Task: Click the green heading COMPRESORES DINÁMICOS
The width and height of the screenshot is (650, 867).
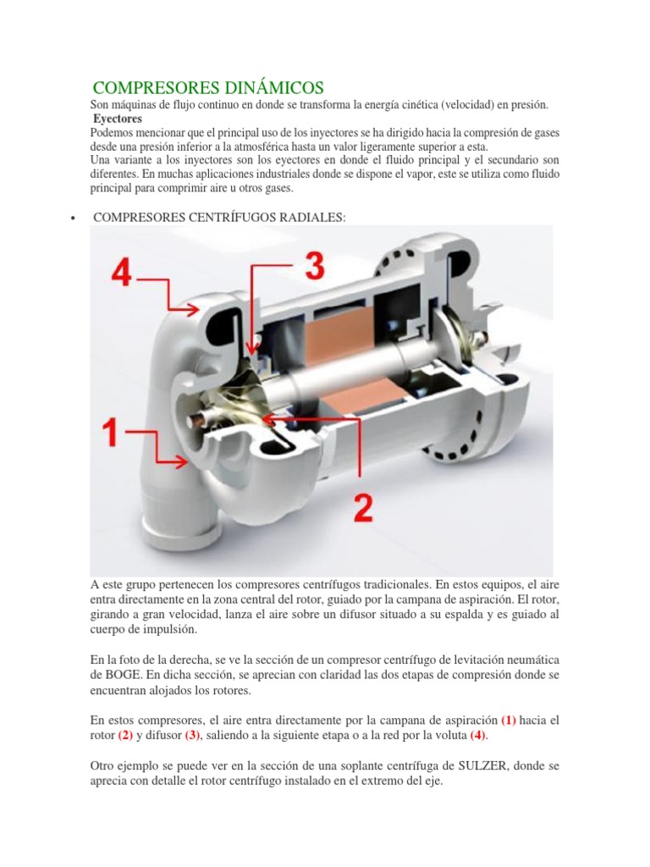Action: tap(207, 87)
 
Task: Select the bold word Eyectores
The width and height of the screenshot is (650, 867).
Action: tap(118, 119)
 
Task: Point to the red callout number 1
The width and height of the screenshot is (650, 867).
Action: tap(109, 433)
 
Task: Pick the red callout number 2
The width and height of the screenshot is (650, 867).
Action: tap(362, 507)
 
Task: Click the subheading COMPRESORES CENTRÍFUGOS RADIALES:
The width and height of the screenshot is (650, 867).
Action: tap(219, 218)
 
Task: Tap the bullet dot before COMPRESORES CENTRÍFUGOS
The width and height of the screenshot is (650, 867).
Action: tap(74, 218)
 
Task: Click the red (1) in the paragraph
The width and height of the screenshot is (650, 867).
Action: tap(508, 720)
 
